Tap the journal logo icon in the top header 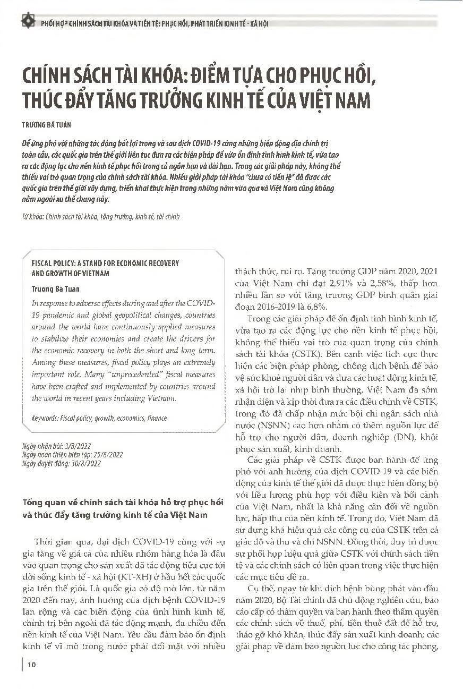click(25, 22)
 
